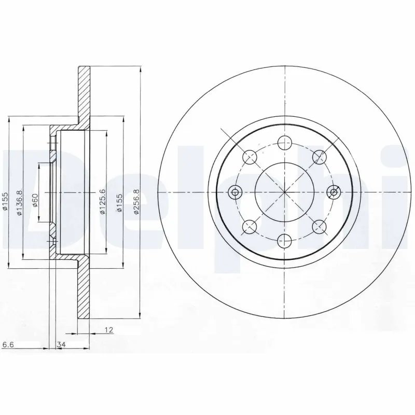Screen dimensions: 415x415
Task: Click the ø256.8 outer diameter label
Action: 136,200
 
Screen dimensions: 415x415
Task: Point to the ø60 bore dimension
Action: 34,200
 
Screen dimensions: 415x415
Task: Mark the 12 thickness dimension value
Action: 109,329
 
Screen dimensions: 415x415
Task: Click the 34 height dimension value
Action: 61,344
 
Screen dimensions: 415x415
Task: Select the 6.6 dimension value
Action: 8,344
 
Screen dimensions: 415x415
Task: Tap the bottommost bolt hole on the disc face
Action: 284,240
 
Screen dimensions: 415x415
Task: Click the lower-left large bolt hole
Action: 250,226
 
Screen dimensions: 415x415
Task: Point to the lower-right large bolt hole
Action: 319,226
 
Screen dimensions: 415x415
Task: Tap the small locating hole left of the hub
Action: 236,192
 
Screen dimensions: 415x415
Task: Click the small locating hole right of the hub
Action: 334,192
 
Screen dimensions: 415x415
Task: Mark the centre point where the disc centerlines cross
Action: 284,192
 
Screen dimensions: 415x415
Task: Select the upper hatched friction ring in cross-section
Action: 84,93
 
